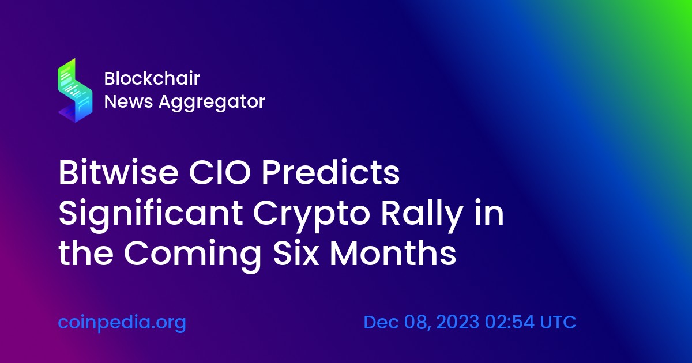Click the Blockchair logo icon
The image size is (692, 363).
click(x=75, y=90)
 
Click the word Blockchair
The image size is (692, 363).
click(x=152, y=78)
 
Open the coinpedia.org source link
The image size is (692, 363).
click(x=122, y=322)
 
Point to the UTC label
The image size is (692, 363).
click(x=558, y=322)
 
